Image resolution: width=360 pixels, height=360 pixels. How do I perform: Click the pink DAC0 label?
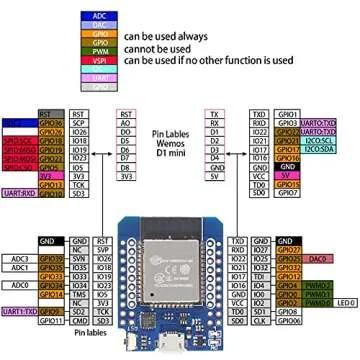pos(318,258)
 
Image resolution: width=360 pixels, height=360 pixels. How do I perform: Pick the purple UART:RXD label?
pos(18,193)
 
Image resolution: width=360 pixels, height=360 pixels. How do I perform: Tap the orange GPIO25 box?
pos(285,258)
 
